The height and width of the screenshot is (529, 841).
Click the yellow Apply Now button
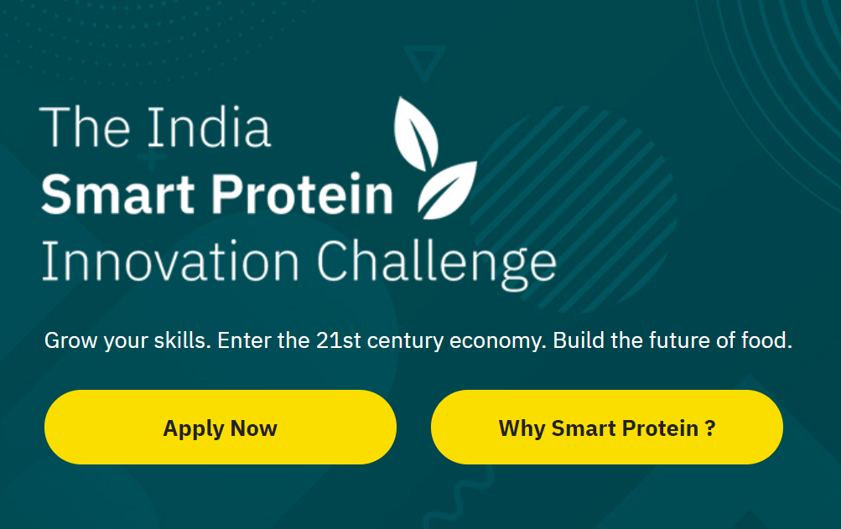point(221,427)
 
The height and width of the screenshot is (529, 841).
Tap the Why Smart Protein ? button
point(606,427)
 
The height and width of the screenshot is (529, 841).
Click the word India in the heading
point(209,127)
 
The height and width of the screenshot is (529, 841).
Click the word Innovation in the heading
point(170,262)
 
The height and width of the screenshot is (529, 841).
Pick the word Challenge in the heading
point(437,263)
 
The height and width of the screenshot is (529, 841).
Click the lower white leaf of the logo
point(447,190)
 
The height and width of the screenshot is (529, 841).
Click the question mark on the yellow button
point(709,428)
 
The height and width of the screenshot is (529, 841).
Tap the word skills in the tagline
point(182,340)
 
